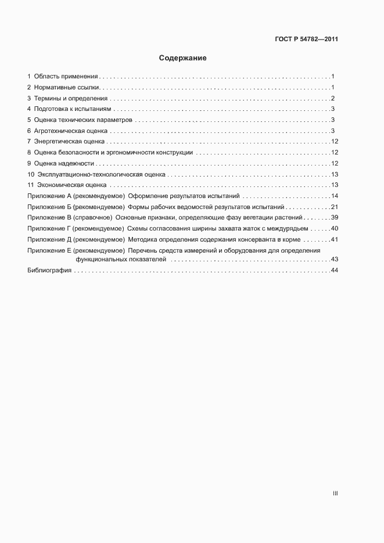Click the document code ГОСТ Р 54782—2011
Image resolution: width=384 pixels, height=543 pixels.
click(x=306, y=39)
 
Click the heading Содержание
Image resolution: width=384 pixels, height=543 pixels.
click(x=183, y=58)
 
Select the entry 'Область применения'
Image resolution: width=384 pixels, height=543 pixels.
click(x=66, y=77)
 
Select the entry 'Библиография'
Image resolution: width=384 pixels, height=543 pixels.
click(x=49, y=271)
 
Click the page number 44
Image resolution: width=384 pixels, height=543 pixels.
click(x=334, y=271)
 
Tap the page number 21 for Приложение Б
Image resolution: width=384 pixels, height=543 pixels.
click(x=334, y=207)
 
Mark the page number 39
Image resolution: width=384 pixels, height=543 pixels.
click(x=334, y=218)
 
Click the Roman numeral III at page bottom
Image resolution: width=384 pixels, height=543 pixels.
click(x=335, y=494)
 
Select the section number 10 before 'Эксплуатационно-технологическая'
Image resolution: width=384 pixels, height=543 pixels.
click(x=31, y=174)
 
